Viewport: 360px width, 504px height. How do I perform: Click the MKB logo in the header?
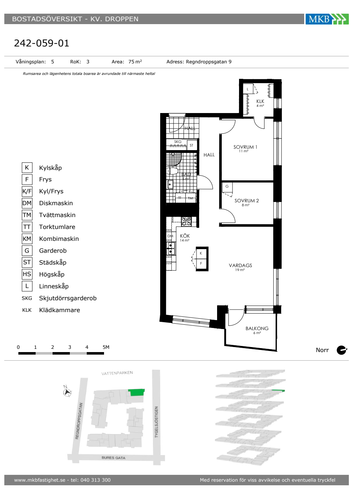click(x=327, y=19)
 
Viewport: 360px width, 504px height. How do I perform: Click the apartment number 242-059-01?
click(x=42, y=43)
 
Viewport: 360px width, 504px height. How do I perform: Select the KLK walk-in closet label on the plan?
click(x=260, y=102)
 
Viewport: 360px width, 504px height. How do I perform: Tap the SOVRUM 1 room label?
click(x=245, y=147)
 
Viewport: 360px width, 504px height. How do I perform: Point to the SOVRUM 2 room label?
click(x=247, y=201)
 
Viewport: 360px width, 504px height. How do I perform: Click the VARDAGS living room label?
click(x=240, y=266)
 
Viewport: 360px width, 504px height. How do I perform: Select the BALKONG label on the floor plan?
click(x=257, y=328)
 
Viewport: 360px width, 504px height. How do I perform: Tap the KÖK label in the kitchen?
click(x=185, y=236)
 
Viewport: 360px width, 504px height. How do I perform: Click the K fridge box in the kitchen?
click(x=201, y=253)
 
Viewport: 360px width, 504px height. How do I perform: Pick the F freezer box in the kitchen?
click(x=201, y=264)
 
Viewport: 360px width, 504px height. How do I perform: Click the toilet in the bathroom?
click(x=172, y=171)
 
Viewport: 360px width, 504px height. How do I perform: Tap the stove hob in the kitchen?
click(x=186, y=221)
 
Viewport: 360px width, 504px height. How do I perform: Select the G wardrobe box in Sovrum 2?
click(x=227, y=187)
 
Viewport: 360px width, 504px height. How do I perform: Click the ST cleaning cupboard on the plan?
click(x=192, y=145)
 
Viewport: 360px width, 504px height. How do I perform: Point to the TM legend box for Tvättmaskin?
click(x=27, y=215)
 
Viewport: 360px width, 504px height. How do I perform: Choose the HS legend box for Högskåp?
click(x=27, y=274)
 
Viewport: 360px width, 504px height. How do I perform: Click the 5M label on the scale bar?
click(x=106, y=347)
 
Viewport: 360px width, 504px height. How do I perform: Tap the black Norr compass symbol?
click(x=342, y=350)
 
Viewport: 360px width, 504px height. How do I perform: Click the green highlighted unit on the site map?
click(x=136, y=392)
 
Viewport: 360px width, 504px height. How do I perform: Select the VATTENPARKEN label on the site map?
click(x=117, y=373)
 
